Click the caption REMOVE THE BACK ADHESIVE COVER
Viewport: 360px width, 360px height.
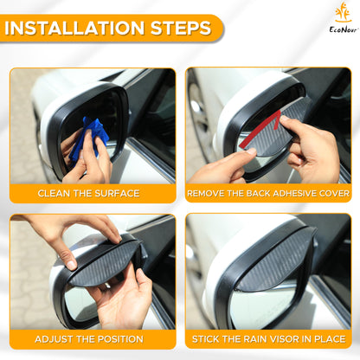267,192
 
